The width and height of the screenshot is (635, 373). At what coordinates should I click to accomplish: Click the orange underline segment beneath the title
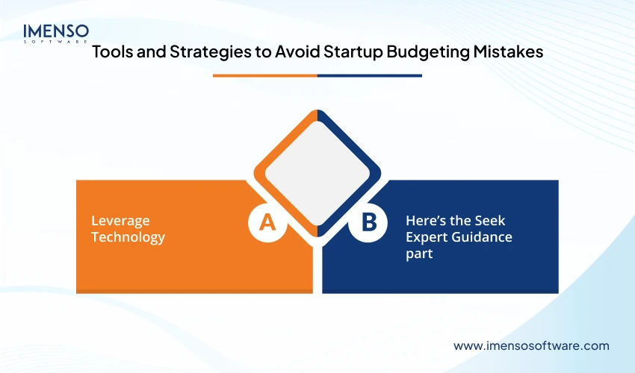pyautogui.click(x=264, y=75)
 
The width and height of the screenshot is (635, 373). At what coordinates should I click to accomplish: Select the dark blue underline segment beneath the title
pyautogui.click(x=369, y=75)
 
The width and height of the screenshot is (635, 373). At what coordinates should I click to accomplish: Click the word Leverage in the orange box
pyautogui.click(x=120, y=222)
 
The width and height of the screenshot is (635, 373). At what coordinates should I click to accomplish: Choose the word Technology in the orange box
pyautogui.click(x=128, y=238)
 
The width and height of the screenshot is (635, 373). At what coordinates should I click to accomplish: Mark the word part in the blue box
pyautogui.click(x=419, y=254)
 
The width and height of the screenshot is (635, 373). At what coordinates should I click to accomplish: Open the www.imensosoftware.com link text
pyautogui.click(x=531, y=345)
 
